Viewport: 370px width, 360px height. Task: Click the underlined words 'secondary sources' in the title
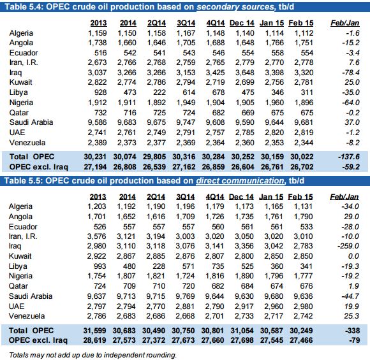click(235, 7)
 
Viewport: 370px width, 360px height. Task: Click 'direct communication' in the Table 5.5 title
click(241, 181)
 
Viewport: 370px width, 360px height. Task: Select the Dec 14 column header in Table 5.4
click(242, 23)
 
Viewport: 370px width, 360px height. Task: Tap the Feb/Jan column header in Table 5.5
click(344, 197)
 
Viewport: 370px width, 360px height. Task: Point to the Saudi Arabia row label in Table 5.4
click(31, 122)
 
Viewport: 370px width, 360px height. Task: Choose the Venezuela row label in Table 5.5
click(27, 316)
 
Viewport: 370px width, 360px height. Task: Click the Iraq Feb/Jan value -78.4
click(351, 73)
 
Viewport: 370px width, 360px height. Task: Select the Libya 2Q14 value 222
click(159, 92)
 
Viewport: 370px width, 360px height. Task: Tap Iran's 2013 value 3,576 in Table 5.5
click(97, 236)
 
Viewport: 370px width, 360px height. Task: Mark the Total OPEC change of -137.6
click(349, 157)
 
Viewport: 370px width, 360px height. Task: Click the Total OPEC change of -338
click(352, 331)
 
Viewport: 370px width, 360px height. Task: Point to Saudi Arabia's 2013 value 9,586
click(97, 122)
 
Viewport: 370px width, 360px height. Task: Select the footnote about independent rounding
click(93, 355)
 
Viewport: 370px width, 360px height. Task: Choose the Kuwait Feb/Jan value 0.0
click(353, 256)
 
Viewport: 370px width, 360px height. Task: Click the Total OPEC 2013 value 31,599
click(94, 331)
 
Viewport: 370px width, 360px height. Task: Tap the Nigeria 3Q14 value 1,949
click(186, 103)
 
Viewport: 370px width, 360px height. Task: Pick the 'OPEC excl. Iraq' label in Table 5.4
click(39, 167)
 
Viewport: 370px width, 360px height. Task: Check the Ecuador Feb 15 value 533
click(306, 227)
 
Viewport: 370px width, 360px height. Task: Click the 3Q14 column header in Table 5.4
click(186, 23)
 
